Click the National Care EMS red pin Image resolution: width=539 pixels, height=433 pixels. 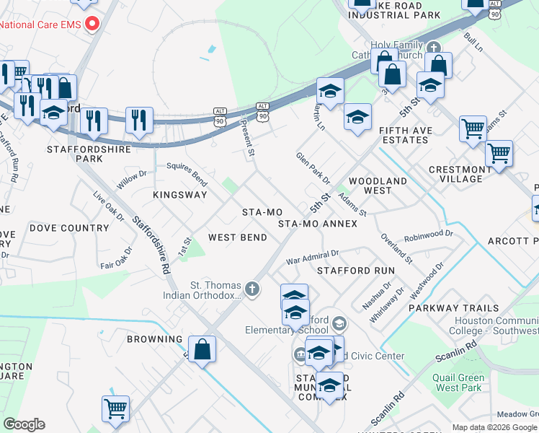click(x=92, y=25)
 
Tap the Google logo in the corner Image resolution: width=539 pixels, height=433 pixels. click(x=24, y=424)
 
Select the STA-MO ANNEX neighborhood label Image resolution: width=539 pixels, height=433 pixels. click(x=318, y=224)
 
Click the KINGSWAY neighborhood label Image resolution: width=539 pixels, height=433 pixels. click(x=180, y=195)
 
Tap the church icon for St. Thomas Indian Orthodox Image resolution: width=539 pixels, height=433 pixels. click(x=251, y=289)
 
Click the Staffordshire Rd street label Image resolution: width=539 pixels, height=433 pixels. click(x=151, y=246)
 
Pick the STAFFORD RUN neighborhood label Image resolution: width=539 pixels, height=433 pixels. click(x=356, y=270)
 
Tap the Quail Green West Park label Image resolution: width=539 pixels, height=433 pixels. click(x=458, y=382)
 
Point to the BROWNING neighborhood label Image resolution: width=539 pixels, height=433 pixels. click(x=155, y=338)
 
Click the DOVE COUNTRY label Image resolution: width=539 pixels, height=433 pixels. click(x=69, y=228)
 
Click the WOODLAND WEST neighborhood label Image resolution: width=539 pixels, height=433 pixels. click(x=378, y=185)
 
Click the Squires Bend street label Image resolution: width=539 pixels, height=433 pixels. click(x=187, y=171)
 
